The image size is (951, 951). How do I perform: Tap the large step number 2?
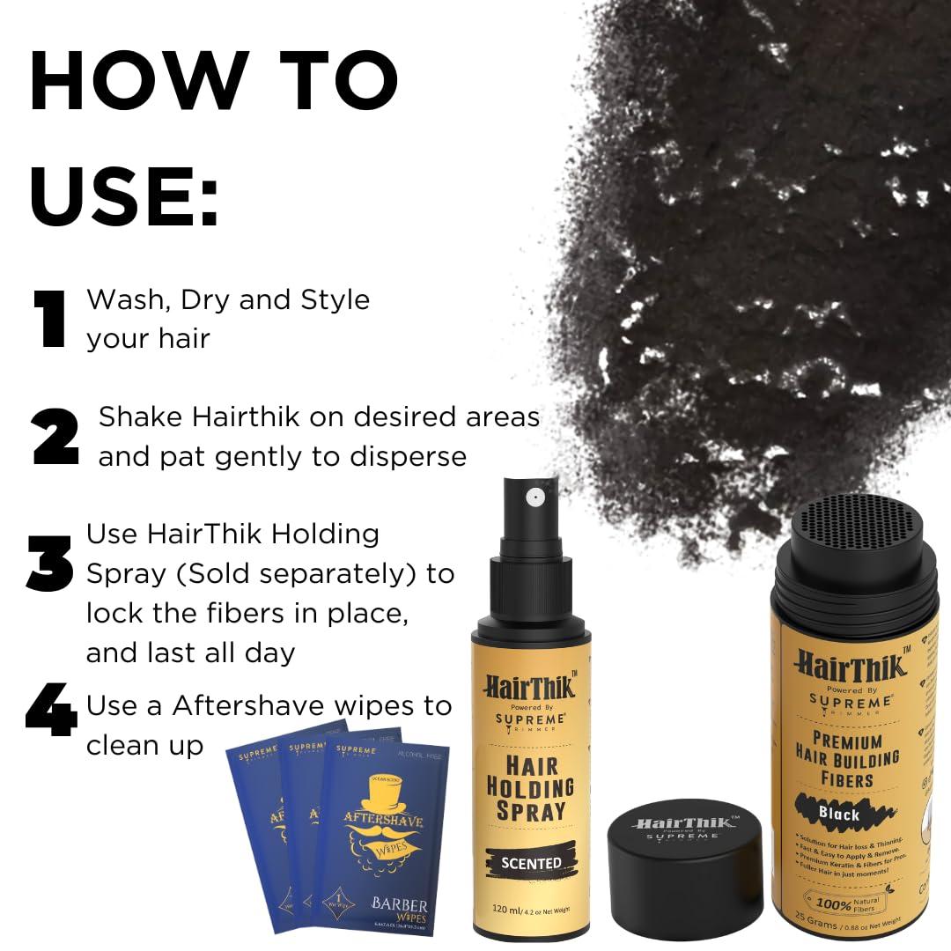click(55, 437)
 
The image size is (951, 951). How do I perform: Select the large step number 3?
click(50, 564)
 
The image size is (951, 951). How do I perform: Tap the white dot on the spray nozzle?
click(532, 498)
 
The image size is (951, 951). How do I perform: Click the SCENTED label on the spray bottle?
click(531, 862)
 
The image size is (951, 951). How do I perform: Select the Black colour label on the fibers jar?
click(838, 814)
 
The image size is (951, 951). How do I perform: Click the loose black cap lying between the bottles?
click(686, 856)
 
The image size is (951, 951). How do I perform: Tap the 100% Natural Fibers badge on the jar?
click(846, 903)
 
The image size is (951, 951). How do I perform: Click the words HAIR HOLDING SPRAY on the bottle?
click(530, 786)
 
